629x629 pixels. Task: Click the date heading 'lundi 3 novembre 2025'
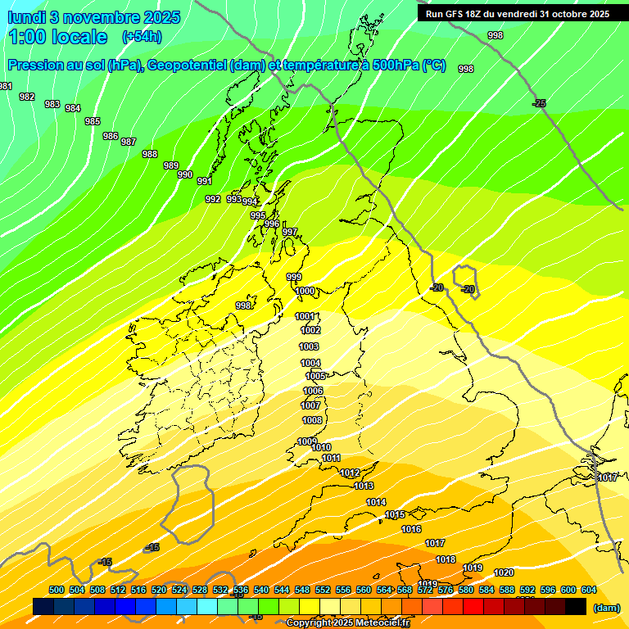click(x=94, y=17)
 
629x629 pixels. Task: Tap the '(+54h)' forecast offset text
click(x=141, y=36)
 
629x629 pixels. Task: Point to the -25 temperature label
click(x=539, y=103)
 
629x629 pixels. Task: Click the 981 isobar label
click(x=6, y=87)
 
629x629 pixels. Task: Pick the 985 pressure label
click(x=93, y=121)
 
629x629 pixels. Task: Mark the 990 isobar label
click(x=185, y=174)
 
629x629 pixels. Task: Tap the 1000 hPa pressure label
click(x=305, y=291)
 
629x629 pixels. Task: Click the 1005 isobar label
click(x=315, y=376)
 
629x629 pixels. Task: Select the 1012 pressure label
click(x=351, y=473)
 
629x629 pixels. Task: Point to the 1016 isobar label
click(x=411, y=529)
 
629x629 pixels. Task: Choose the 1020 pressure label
click(x=505, y=572)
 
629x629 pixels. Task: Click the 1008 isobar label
click(x=312, y=420)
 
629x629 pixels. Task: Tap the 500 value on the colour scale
click(x=57, y=590)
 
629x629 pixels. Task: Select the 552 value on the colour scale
click(x=323, y=590)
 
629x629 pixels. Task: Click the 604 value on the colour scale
click(x=588, y=590)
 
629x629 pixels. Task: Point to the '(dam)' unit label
click(x=606, y=608)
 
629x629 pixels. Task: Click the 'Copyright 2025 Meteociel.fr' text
click(x=347, y=623)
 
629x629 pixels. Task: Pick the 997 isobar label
click(x=290, y=232)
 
